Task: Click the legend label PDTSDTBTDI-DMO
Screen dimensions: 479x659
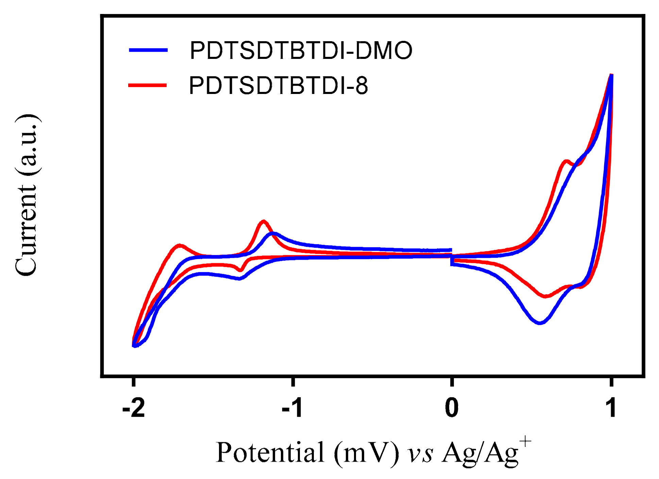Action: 301,51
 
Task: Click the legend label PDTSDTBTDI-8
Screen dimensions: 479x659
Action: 278,85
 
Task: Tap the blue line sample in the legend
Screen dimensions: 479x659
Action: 148,50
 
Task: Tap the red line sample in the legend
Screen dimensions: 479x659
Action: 148,85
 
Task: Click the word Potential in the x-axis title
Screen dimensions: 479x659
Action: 270,453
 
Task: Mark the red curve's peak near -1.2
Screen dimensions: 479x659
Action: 264,221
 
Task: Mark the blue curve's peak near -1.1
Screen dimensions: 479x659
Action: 273,234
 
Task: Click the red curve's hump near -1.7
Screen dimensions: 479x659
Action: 180,245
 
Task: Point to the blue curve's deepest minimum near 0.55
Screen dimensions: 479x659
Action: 540,323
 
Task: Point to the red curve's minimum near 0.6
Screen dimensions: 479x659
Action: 545,296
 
